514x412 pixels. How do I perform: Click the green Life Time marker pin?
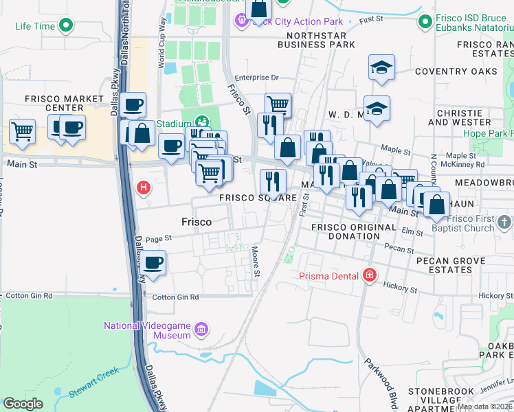66,27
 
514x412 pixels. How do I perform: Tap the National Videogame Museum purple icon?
201,330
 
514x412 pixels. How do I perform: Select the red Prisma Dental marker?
370,276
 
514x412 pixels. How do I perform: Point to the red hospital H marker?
144,187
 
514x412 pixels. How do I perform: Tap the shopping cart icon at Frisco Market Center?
23,130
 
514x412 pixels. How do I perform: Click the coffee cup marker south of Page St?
154,262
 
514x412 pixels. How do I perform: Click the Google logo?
23,404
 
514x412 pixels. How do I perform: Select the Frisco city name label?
196,222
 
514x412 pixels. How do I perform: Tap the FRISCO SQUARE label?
258,197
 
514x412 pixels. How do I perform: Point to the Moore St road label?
256,262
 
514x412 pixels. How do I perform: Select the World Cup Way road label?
162,51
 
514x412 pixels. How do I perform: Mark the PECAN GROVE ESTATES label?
449,265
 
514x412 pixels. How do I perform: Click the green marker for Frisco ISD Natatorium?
424,22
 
